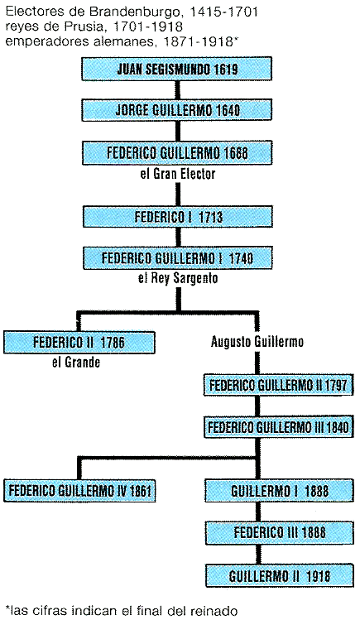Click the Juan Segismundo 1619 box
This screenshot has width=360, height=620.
pos(177,69)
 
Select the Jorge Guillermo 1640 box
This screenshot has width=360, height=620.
pos(177,109)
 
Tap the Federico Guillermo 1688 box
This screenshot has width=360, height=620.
pos(177,152)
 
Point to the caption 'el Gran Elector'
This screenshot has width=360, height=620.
pos(177,174)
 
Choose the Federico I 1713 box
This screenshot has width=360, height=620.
pos(178,217)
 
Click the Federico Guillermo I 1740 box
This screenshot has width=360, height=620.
pos(178,258)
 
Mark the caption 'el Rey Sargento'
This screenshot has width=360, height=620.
pos(178,278)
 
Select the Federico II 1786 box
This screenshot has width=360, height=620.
pos(79,343)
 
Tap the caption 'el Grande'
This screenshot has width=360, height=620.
pos(76,362)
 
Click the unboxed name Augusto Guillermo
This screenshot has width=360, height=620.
pos(257,341)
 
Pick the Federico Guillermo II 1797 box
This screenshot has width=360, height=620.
pos(278,385)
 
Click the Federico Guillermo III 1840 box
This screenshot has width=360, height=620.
pos(278,426)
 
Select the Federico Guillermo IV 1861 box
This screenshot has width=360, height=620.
pos(79,491)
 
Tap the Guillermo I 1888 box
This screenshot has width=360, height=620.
pos(280,491)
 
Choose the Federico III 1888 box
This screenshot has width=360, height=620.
pos(280,532)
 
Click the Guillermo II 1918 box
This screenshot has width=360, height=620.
pos(280,575)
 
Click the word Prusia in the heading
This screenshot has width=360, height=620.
pos(80,26)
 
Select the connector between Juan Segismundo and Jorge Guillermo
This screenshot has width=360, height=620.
pos(177,89)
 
